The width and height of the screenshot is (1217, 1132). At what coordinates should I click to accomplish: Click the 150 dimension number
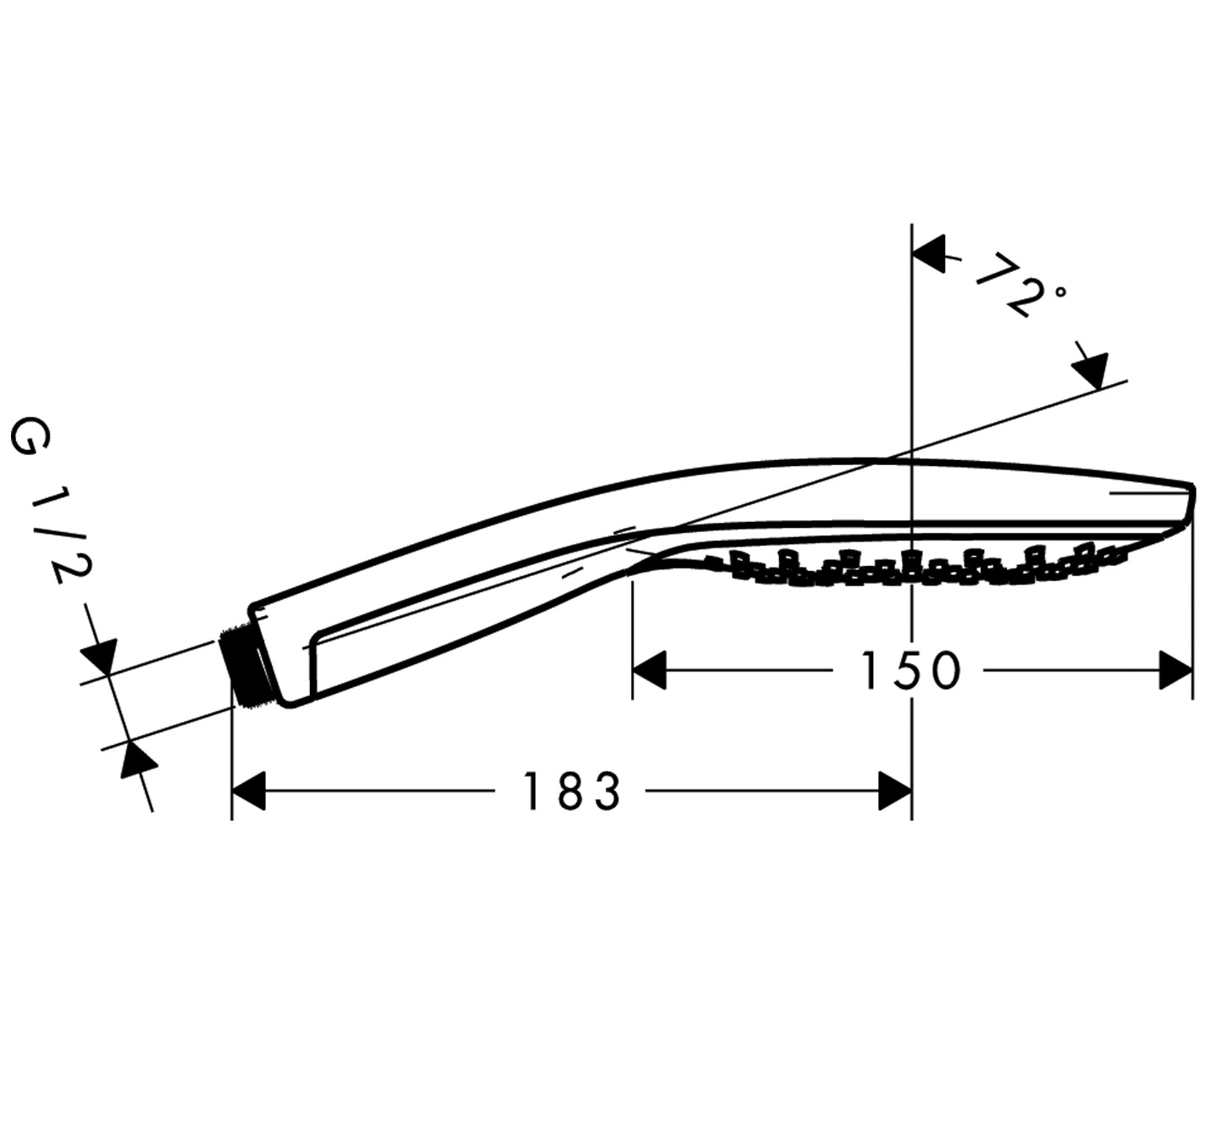(910, 670)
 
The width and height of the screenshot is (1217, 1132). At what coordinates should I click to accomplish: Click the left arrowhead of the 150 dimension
(649, 670)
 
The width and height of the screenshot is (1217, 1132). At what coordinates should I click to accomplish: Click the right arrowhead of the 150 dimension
(1176, 670)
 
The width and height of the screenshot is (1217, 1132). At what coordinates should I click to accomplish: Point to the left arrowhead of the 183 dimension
(248, 791)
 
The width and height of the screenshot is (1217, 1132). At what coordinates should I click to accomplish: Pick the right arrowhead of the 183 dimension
(895, 791)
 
